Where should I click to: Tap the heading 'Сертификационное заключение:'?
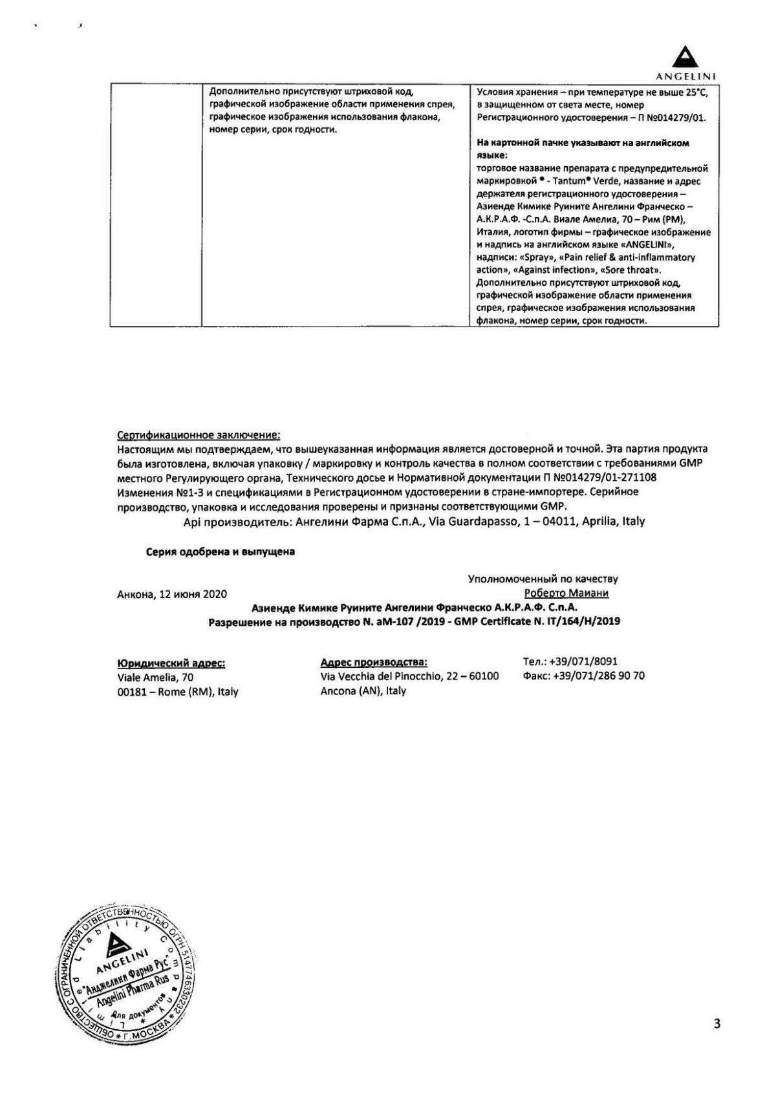(x=199, y=436)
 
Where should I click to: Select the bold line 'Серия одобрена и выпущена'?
(x=220, y=551)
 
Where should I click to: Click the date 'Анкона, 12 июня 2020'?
(x=172, y=593)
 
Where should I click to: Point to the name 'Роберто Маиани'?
(x=566, y=593)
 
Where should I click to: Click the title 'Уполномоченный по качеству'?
(x=543, y=579)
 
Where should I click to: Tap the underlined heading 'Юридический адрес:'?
(x=171, y=663)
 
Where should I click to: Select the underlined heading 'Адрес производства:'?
(x=374, y=662)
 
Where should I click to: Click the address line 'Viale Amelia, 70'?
(x=155, y=677)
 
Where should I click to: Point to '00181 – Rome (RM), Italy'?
(x=177, y=691)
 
